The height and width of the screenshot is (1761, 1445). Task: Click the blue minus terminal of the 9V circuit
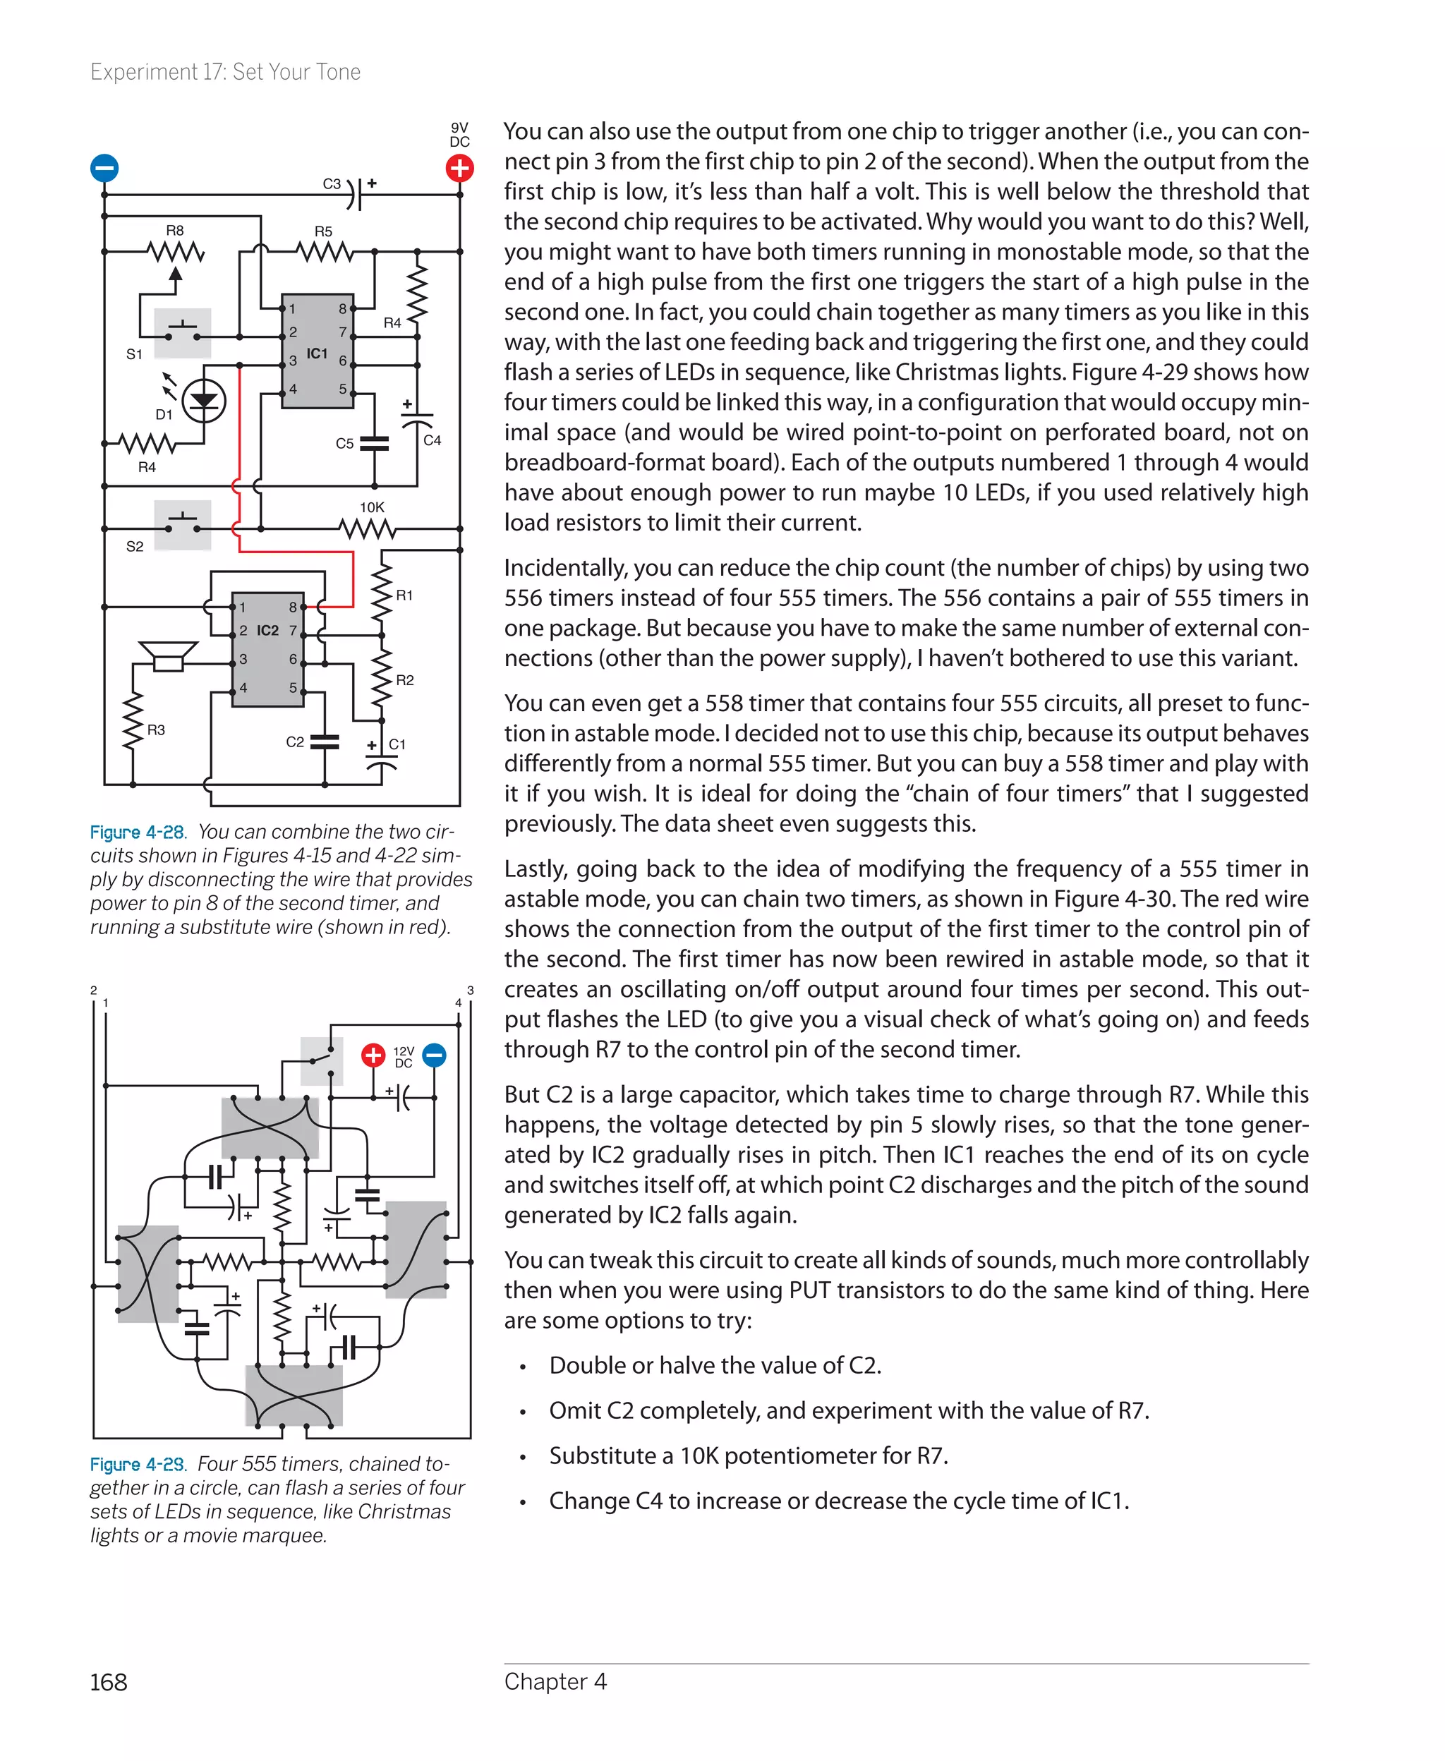[104, 168]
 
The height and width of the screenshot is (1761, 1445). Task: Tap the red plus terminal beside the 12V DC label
[373, 1055]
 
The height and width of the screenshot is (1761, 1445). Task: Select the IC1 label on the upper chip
[316, 353]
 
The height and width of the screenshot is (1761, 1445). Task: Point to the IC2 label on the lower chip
[267, 631]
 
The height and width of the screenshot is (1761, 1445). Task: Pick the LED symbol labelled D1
[203, 401]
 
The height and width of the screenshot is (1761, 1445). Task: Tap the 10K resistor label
[371, 507]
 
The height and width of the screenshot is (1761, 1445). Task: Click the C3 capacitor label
[332, 184]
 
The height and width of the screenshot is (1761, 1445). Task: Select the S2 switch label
[135, 547]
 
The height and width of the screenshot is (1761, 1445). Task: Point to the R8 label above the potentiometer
[175, 231]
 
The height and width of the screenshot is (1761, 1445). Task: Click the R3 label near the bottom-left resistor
[156, 730]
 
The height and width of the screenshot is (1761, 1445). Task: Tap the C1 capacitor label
[397, 744]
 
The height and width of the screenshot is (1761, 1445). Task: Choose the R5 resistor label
[323, 231]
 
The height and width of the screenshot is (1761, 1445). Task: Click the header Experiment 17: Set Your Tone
[225, 73]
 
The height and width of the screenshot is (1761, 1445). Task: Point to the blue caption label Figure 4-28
[138, 833]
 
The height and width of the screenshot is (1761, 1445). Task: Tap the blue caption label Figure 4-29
[138, 1465]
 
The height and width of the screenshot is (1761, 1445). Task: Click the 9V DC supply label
[459, 135]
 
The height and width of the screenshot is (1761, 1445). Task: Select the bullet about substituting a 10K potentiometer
[747, 1456]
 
